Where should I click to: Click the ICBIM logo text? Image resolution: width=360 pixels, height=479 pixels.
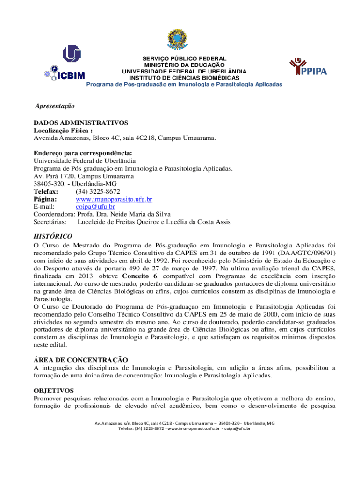[x=70, y=74]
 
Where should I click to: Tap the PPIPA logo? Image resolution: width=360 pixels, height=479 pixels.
[x=308, y=68]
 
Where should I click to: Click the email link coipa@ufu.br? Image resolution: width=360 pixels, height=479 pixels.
[x=95, y=206]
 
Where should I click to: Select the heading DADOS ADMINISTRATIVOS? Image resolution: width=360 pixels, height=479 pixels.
[x=80, y=123]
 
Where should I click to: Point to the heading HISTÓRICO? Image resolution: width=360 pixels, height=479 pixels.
[x=53, y=236]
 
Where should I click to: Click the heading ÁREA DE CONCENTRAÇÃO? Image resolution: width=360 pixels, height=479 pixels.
[x=80, y=359]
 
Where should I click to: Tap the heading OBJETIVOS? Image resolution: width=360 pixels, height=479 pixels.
[x=54, y=390]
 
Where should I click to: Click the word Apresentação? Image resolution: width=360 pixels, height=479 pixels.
[x=55, y=106]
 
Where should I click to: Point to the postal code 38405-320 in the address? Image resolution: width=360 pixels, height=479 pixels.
[x=47, y=184]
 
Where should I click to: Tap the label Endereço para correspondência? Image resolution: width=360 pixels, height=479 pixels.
[x=83, y=153]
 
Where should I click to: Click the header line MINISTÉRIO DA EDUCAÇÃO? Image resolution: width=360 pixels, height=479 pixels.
[x=184, y=65]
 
